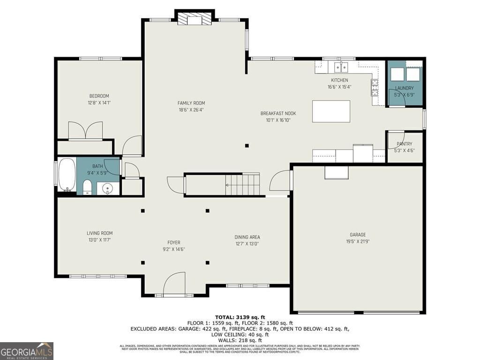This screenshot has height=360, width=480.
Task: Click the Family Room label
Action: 191,103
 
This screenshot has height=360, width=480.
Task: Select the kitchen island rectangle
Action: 331,111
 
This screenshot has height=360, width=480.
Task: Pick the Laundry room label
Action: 404,88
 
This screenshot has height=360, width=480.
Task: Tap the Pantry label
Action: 404,144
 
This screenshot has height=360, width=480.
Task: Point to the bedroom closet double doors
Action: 85,130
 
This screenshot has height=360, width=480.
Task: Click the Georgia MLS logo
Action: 27,351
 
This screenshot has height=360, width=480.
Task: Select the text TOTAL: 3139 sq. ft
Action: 240,317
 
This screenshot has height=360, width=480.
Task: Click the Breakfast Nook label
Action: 278,113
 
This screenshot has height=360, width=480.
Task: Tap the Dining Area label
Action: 247,237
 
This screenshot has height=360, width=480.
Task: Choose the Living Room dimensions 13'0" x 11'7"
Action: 99,240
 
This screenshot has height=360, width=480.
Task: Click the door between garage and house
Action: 281,180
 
